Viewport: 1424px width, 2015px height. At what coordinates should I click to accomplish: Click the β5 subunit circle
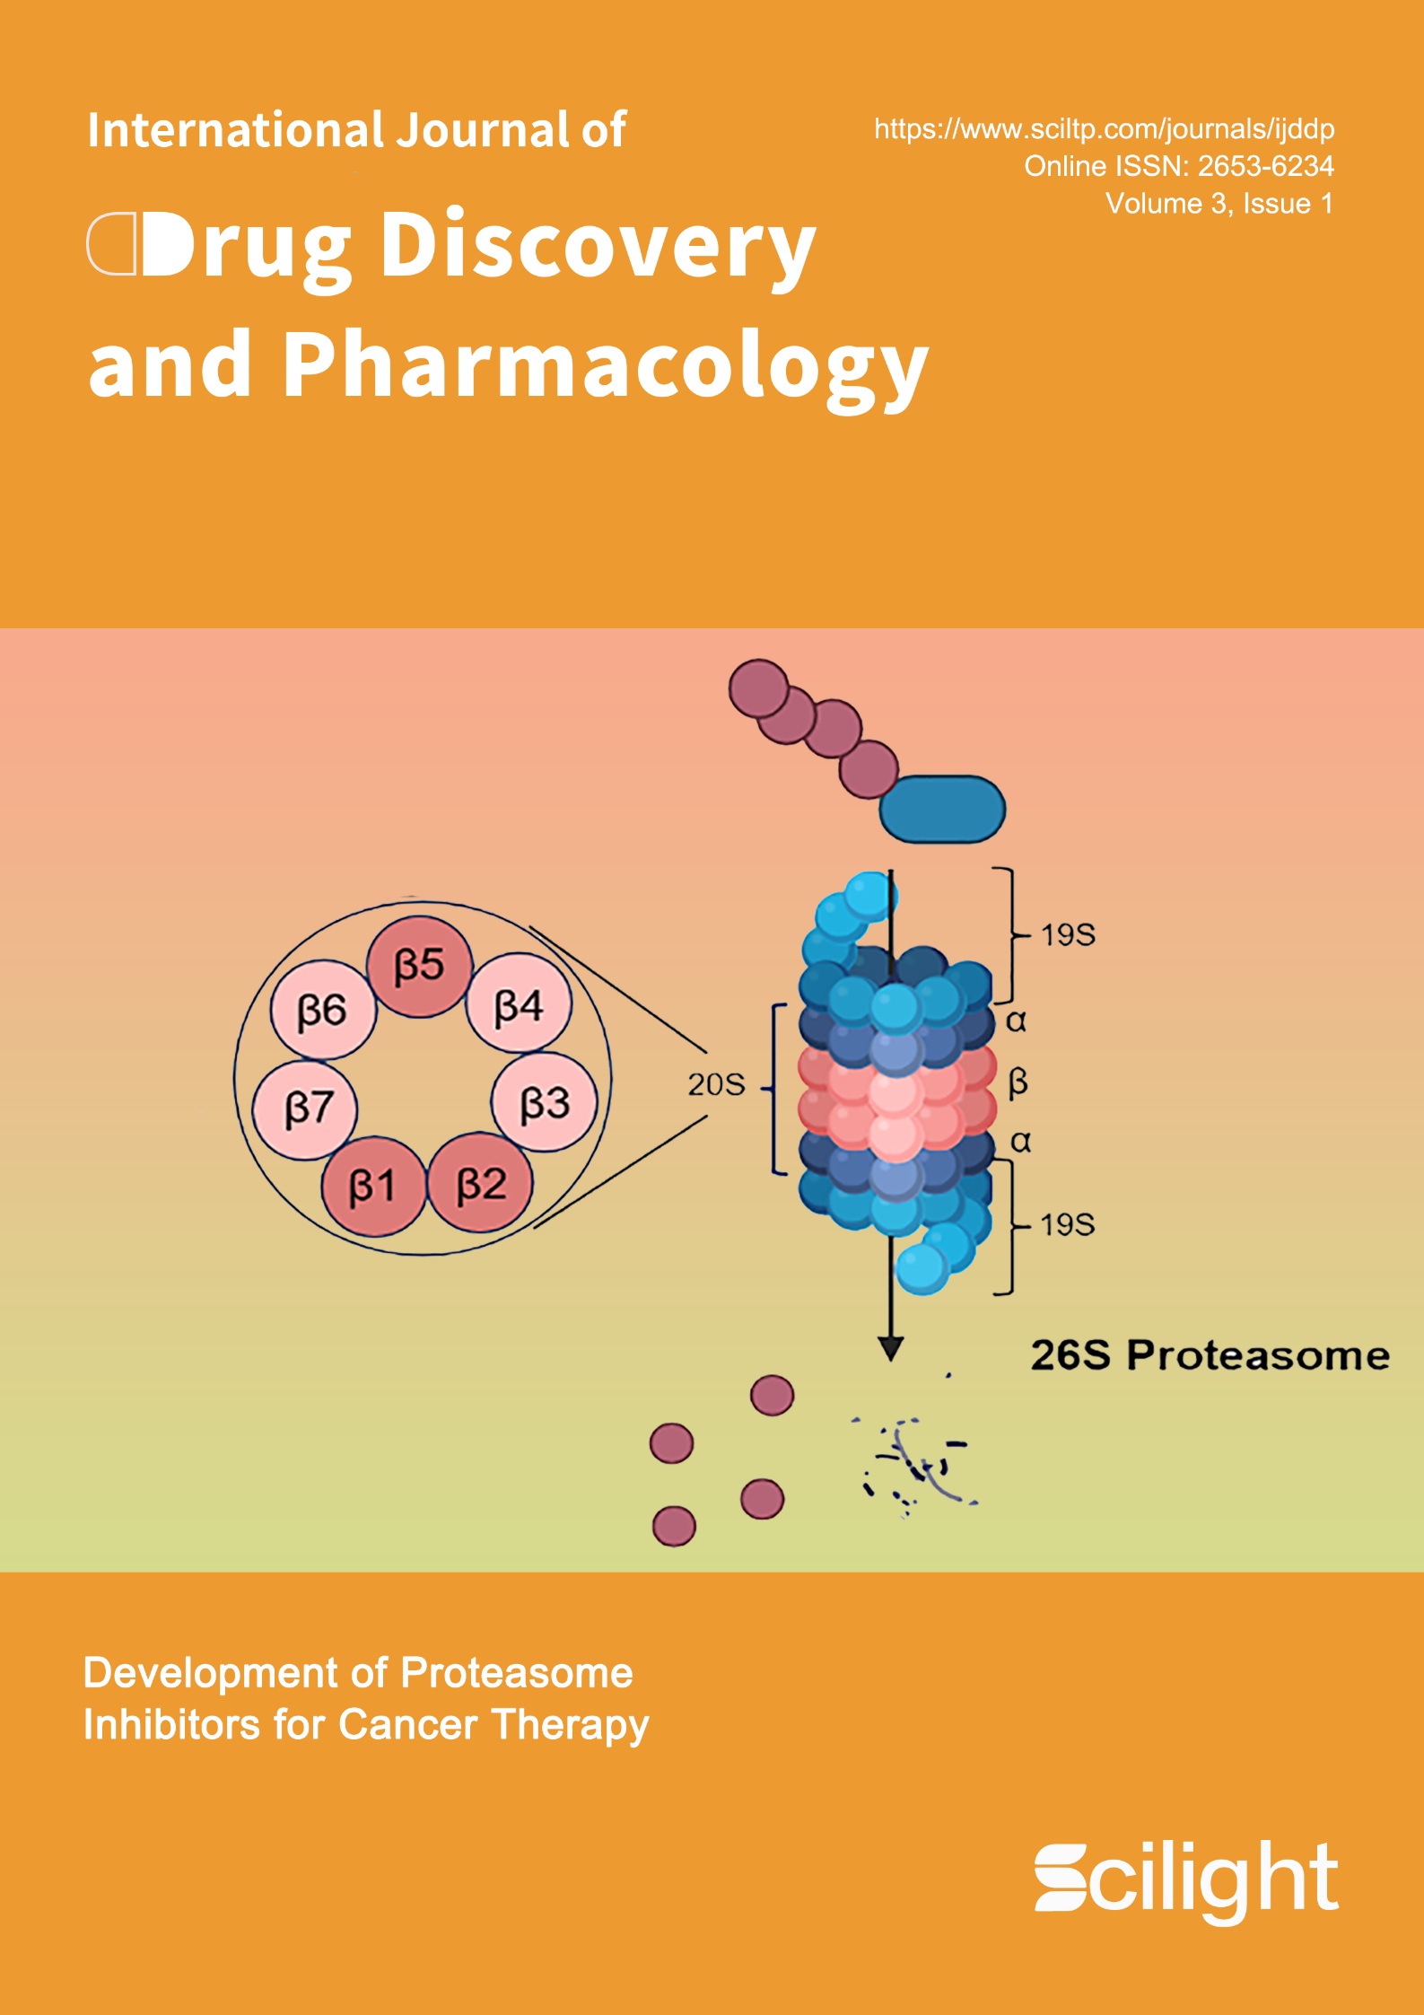click(x=419, y=967)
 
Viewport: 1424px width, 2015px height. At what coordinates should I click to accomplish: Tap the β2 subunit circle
click(x=481, y=1183)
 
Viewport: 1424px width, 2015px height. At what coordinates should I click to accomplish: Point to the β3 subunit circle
click(x=544, y=1101)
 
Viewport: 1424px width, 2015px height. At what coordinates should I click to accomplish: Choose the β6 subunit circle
click(x=323, y=1010)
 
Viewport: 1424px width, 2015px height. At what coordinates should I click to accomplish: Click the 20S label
click(x=716, y=1084)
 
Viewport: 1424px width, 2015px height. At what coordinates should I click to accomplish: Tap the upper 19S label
click(x=1068, y=935)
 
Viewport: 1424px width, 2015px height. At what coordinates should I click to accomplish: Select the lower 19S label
click(x=1068, y=1224)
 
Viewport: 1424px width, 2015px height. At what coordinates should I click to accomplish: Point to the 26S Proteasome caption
click(x=1210, y=1355)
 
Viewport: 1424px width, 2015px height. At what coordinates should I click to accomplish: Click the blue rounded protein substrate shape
click(x=942, y=810)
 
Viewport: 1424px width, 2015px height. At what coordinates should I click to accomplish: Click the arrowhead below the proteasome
click(x=890, y=1349)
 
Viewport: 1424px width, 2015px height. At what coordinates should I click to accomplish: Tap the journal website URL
click(x=1105, y=129)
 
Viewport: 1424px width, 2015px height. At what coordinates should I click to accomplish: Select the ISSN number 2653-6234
click(x=1266, y=166)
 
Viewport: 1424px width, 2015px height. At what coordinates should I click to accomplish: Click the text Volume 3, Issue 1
click(x=1219, y=204)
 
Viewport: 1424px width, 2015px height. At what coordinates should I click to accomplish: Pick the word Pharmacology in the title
click(x=606, y=365)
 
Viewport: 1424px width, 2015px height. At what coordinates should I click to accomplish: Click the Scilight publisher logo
click(x=1186, y=1878)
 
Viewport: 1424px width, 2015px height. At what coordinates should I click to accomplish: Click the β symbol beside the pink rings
click(x=1018, y=1083)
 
